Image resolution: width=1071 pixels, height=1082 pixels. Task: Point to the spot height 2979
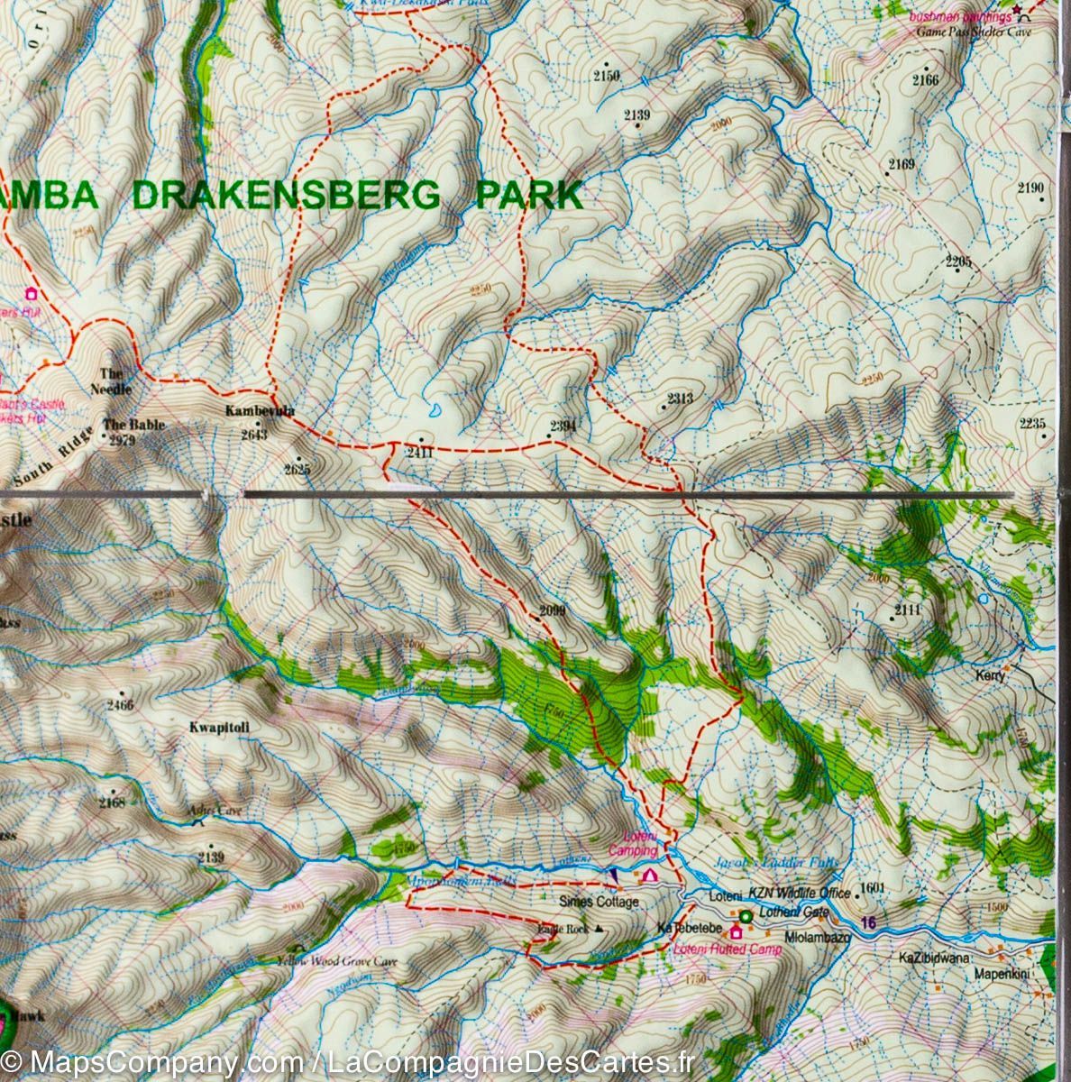coord(119,440)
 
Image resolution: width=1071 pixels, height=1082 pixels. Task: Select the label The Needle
coord(115,381)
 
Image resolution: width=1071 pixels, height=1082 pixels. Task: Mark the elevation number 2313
coord(680,399)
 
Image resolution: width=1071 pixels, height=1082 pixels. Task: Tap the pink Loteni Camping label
coord(633,844)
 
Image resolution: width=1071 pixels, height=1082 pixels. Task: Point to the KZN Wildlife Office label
coord(800,894)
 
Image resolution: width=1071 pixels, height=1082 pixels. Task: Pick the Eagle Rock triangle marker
coord(598,930)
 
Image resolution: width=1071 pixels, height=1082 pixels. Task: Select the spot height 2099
coord(551,611)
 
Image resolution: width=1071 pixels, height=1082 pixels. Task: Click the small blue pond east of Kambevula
coord(435,411)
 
